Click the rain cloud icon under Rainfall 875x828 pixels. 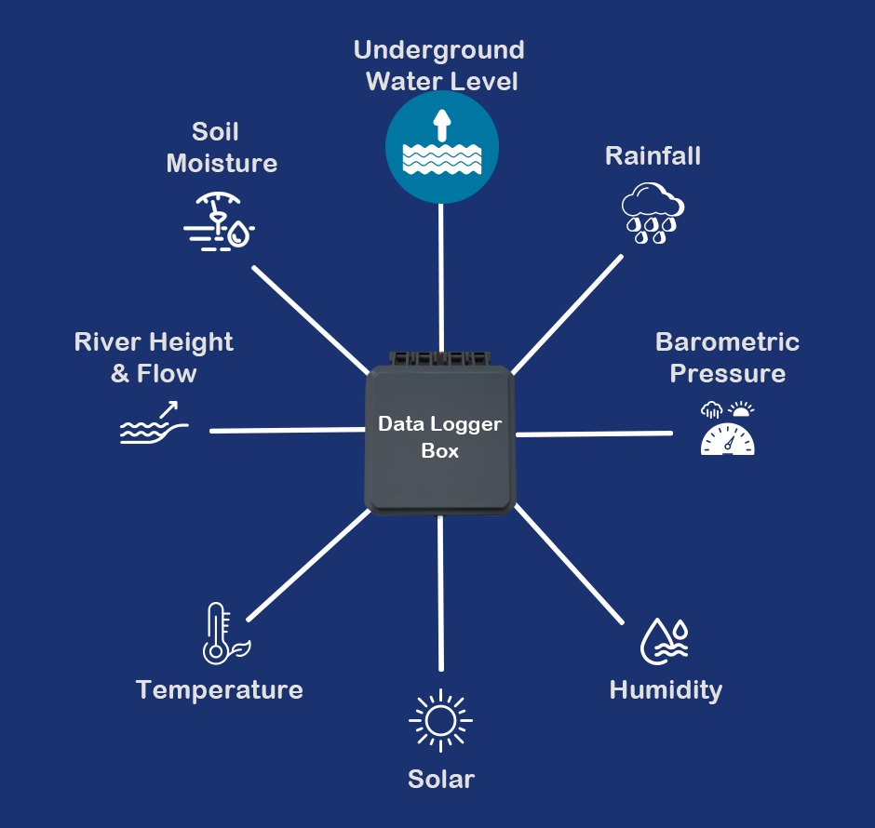[653, 213]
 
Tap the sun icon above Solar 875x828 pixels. [440, 720]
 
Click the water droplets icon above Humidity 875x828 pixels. [665, 639]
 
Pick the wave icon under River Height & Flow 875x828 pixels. [154, 424]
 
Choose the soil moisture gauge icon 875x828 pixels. [220, 221]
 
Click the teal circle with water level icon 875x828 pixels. [442, 147]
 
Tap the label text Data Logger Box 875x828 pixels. [439, 437]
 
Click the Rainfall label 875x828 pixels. [653, 155]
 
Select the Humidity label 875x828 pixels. [666, 690]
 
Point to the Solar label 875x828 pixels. [441, 780]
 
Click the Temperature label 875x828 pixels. [220, 689]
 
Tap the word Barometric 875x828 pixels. [727, 341]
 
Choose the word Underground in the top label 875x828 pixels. [439, 49]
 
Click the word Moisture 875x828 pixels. [222, 164]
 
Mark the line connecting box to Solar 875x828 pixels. [440, 595]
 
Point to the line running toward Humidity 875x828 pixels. [570, 565]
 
